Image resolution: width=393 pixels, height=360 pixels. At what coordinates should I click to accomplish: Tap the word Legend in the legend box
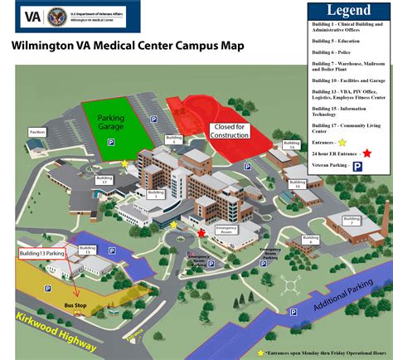pos(348,11)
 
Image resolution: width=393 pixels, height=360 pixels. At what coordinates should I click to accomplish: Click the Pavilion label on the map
pos(36,132)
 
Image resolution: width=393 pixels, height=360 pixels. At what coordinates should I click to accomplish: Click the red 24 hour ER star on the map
pos(201,234)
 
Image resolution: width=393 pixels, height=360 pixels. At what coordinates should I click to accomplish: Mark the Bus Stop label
pos(75,304)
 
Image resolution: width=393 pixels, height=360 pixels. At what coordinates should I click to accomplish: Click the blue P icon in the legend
pos(357,166)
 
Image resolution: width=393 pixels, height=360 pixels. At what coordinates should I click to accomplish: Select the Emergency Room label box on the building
pos(226,228)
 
